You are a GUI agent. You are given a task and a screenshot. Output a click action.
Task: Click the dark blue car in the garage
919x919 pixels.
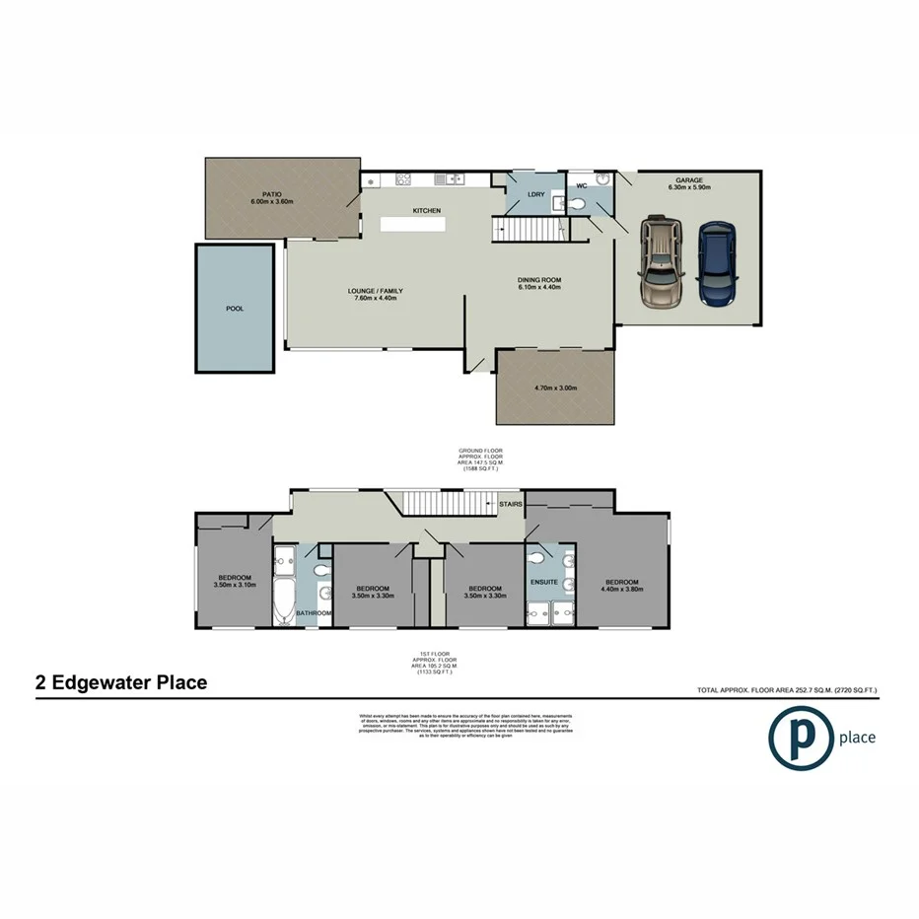pyautogui.click(x=717, y=263)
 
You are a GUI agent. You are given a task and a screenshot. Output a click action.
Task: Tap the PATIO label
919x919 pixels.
pyautogui.click(x=273, y=194)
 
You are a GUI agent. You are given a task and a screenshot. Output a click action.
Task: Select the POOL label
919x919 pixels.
pyautogui.click(x=235, y=309)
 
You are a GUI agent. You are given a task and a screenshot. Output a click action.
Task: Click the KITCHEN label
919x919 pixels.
pyautogui.click(x=426, y=210)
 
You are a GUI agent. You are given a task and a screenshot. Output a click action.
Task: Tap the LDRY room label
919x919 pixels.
pyautogui.click(x=536, y=194)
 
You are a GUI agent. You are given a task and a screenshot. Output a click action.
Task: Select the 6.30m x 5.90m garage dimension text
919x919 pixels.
pyautogui.click(x=689, y=187)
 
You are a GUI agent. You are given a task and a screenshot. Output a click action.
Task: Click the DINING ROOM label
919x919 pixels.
pyautogui.click(x=539, y=280)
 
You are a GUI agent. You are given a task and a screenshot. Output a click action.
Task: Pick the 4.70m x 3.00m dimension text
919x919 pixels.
pyautogui.click(x=555, y=389)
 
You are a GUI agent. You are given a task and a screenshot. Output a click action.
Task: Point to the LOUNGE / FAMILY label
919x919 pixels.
pyautogui.click(x=376, y=291)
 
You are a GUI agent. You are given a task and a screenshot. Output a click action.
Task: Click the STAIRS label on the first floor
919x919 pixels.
pyautogui.click(x=511, y=504)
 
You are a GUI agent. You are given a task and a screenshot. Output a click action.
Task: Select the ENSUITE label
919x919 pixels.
pyautogui.click(x=544, y=582)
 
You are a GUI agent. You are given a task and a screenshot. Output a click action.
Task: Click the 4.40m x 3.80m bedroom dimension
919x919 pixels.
pyautogui.click(x=622, y=590)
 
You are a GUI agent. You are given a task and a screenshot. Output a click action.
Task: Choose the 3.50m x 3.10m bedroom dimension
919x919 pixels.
pyautogui.click(x=235, y=585)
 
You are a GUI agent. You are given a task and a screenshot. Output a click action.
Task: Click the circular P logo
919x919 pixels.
pyautogui.click(x=800, y=737)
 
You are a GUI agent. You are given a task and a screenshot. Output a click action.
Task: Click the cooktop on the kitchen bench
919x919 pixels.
pyautogui.click(x=402, y=179)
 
